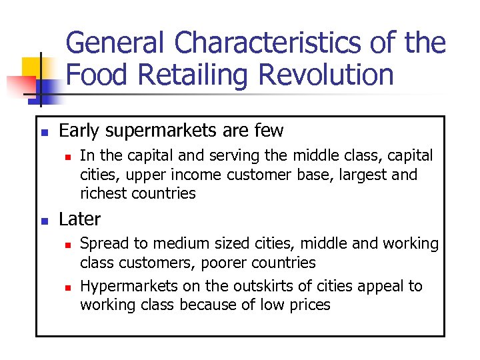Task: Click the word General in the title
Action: tap(115, 43)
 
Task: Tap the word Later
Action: tap(80, 219)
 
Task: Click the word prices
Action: tap(311, 305)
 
